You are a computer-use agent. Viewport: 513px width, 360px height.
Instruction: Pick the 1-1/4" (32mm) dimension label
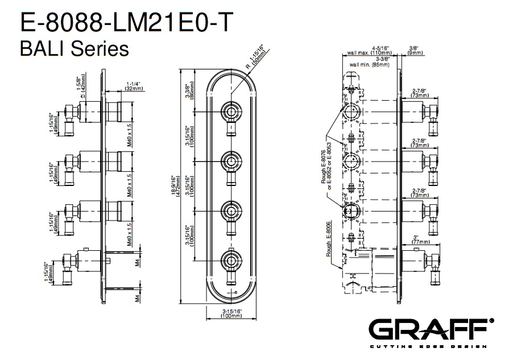133,86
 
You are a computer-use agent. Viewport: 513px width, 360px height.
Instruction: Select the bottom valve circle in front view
231,262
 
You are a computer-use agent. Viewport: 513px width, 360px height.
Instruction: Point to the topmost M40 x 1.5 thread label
130,135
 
